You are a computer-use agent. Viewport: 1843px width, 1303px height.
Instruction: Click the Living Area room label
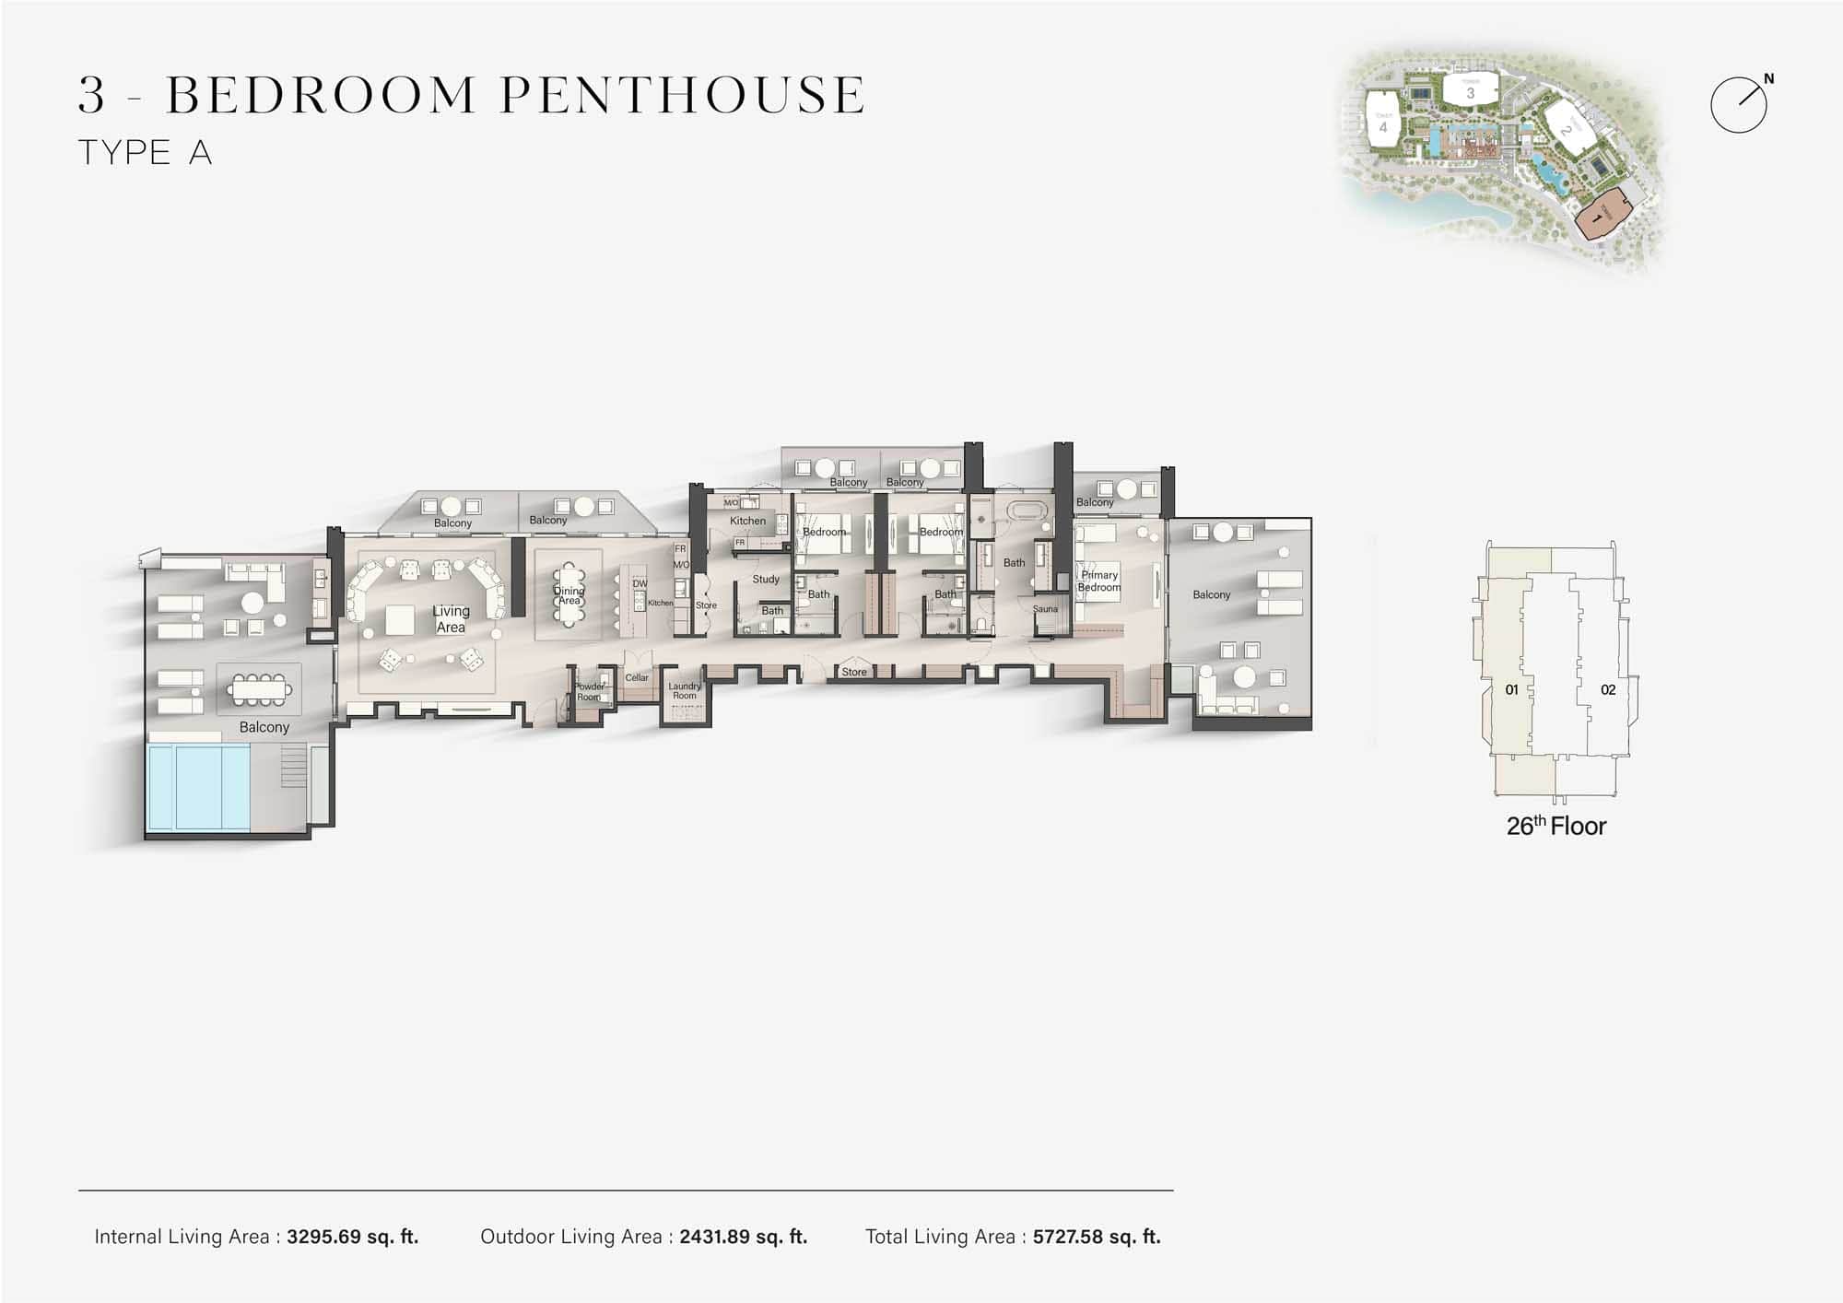(x=451, y=619)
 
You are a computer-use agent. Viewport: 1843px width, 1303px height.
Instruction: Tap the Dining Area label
(x=569, y=595)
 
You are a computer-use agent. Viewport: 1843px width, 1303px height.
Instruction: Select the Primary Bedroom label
(x=1099, y=581)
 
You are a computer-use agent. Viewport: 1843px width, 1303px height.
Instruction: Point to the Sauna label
(x=1045, y=609)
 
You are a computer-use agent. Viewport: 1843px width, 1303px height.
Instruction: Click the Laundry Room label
(x=685, y=690)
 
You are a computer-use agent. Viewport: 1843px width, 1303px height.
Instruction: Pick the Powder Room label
(x=589, y=691)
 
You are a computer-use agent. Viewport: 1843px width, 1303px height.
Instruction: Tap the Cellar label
(x=637, y=677)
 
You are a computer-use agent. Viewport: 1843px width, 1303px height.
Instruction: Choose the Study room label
(x=766, y=580)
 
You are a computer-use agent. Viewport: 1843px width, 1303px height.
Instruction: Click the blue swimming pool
(x=199, y=787)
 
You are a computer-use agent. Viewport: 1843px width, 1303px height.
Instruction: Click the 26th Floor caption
(x=1555, y=826)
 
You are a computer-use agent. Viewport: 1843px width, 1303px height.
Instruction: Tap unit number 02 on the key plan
(x=1608, y=689)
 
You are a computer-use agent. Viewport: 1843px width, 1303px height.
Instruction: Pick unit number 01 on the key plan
(x=1511, y=689)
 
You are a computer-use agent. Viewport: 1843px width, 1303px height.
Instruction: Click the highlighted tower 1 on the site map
(x=1597, y=217)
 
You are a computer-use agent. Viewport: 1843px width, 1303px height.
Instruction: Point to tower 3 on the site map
(x=1470, y=91)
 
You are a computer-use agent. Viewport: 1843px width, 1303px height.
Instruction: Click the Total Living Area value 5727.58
(x=1096, y=1237)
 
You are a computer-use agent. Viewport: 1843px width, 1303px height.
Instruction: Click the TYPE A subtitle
(x=146, y=152)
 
